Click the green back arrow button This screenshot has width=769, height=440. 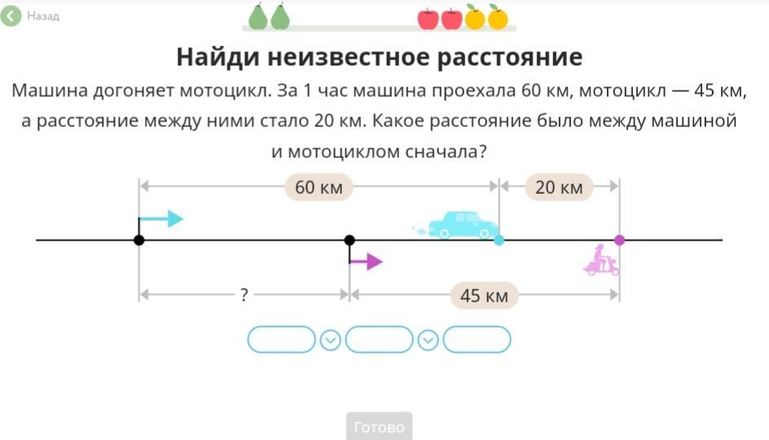pyautogui.click(x=11, y=15)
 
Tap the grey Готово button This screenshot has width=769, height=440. pyautogui.click(x=380, y=427)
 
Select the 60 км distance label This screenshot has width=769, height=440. pyautogui.click(x=319, y=187)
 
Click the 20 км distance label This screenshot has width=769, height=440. pyautogui.click(x=559, y=187)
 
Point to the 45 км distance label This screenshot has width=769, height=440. pyautogui.click(x=484, y=295)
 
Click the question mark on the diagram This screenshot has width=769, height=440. pyautogui.click(x=244, y=295)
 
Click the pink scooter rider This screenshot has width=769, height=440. pyautogui.click(x=601, y=260)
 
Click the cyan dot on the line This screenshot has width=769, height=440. pyautogui.click(x=499, y=240)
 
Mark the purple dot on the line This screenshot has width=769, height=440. pyautogui.click(x=620, y=240)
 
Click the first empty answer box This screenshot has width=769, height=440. pyautogui.click(x=281, y=340)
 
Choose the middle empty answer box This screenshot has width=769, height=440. pyautogui.click(x=380, y=340)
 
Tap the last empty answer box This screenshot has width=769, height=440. pyautogui.click(x=477, y=340)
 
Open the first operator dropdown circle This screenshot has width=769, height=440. pyautogui.click(x=330, y=340)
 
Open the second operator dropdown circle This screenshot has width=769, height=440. pyautogui.click(x=428, y=340)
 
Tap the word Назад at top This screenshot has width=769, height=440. pyautogui.click(x=43, y=16)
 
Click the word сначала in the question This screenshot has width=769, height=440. pyautogui.click(x=443, y=152)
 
